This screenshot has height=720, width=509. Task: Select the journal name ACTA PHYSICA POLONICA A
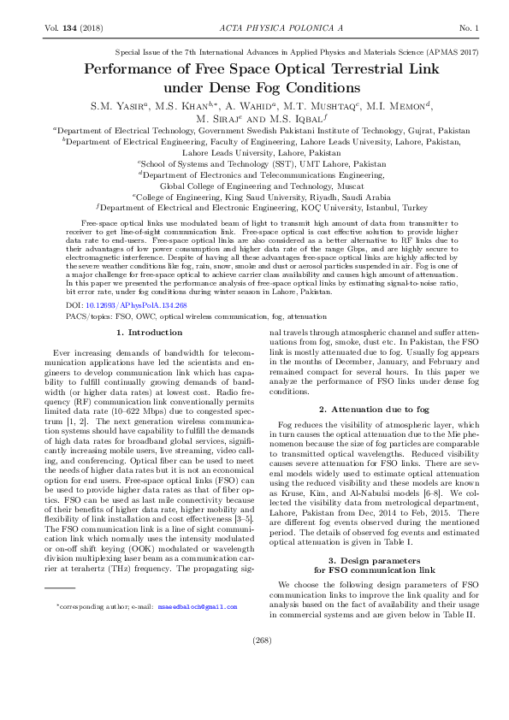[255, 30]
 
